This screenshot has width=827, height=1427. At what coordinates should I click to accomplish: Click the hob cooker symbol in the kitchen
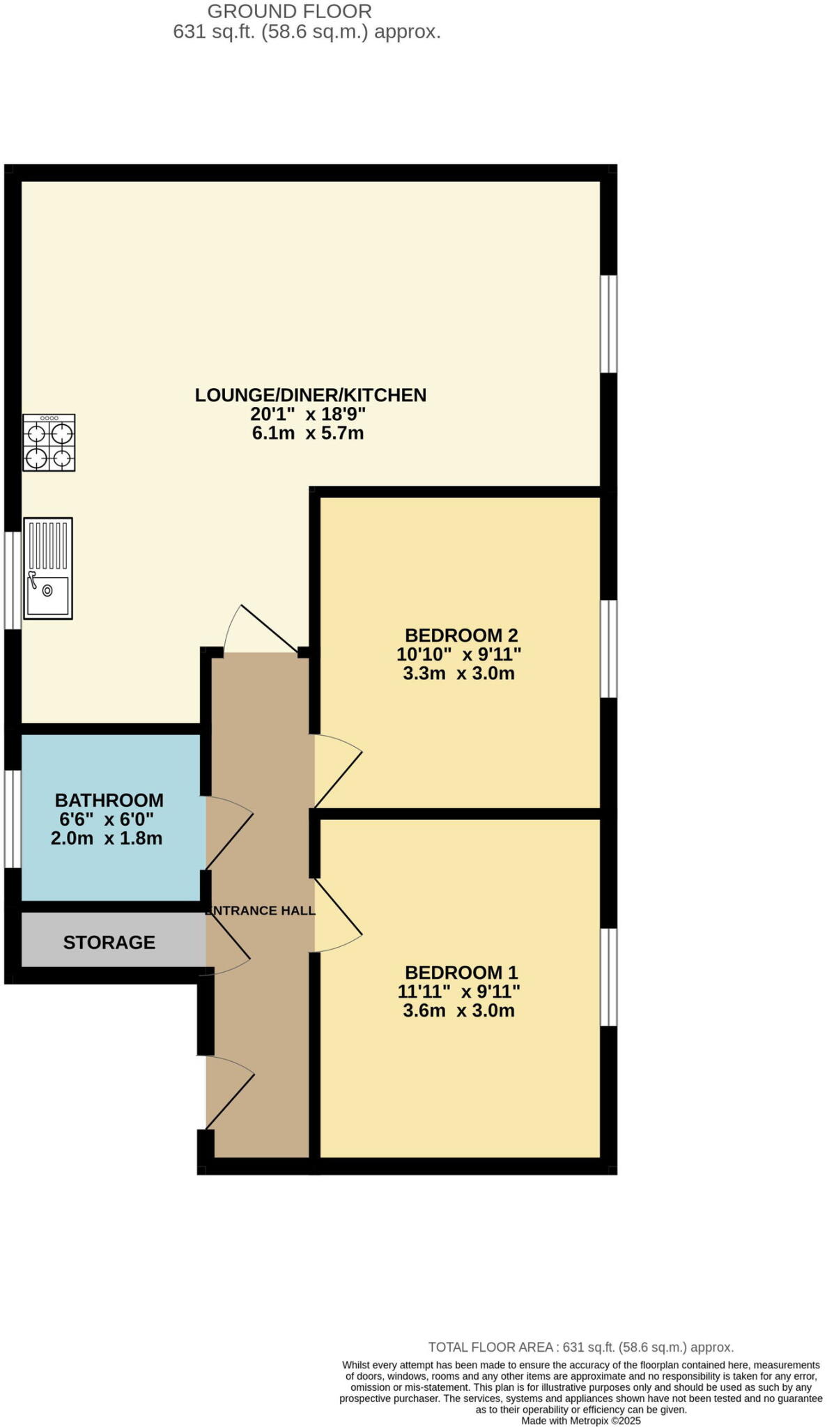click(x=49, y=442)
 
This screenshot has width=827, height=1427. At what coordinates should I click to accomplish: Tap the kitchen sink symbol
click(x=48, y=569)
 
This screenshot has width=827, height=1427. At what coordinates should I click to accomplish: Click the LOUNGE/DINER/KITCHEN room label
click(x=310, y=395)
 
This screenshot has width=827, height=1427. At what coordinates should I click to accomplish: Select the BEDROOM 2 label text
click(x=461, y=635)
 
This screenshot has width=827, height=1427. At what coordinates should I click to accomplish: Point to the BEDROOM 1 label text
click(x=461, y=972)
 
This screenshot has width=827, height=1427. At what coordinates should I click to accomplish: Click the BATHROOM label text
click(x=109, y=800)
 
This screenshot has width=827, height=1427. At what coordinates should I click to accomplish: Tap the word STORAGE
click(x=109, y=942)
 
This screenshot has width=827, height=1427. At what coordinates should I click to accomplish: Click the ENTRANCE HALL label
click(x=261, y=910)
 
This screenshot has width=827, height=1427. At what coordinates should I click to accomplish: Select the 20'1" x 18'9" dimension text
click(x=308, y=414)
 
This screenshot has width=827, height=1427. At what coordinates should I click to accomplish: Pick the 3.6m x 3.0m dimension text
click(x=458, y=1010)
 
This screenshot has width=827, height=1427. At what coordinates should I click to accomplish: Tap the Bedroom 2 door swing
click(x=337, y=770)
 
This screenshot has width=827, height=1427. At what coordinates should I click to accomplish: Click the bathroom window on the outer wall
click(x=12, y=819)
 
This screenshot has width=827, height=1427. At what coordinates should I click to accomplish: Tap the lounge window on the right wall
click(x=608, y=324)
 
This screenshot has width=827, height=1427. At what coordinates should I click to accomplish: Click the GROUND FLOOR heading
click(x=289, y=11)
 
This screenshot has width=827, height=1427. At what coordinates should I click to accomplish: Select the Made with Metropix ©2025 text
click(x=580, y=1420)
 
